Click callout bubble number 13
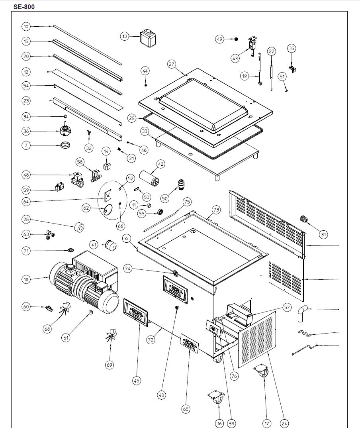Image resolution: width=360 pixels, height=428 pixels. pyautogui.click(x=125, y=36)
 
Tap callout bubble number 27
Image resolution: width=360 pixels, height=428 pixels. pyautogui.click(x=172, y=64)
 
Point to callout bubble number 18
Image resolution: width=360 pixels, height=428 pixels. pyautogui.click(x=26, y=280)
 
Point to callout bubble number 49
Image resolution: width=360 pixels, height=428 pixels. pyautogui.click(x=220, y=39)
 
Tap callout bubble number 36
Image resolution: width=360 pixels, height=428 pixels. pyautogui.click(x=26, y=132)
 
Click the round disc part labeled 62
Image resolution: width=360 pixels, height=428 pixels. pyautogui.click(x=108, y=210)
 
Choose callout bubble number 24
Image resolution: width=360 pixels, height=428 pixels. pyautogui.click(x=284, y=423)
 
